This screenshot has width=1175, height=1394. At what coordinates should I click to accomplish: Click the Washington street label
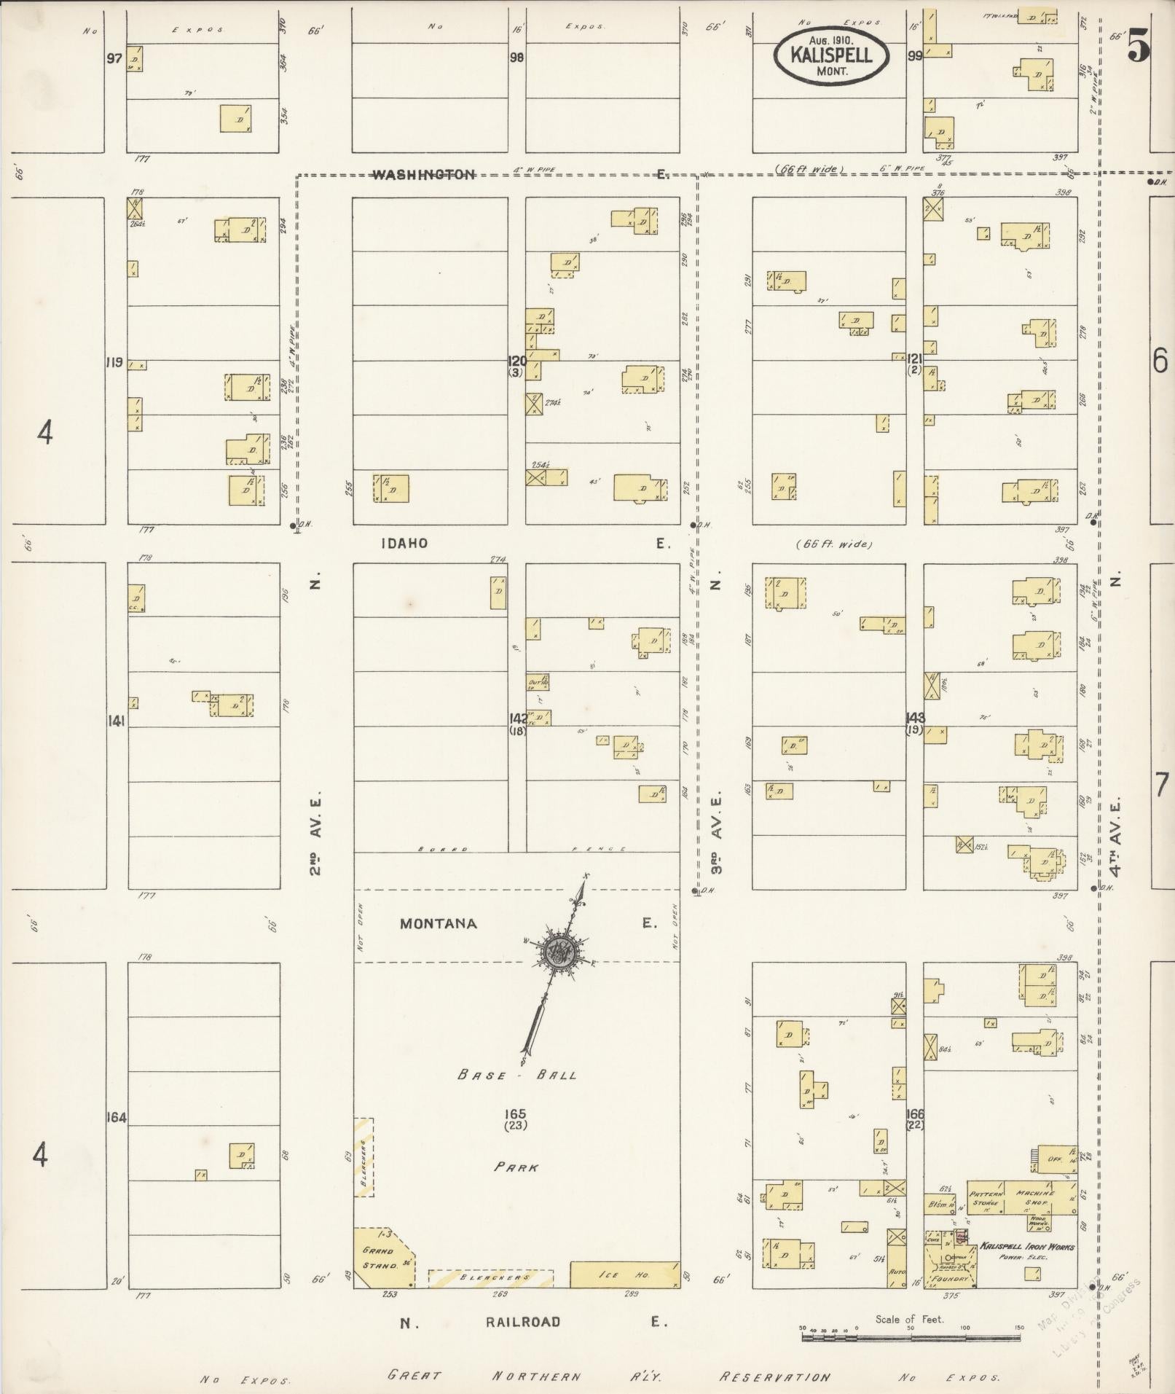coord(424,175)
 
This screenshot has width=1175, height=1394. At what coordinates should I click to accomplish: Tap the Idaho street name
coord(403,544)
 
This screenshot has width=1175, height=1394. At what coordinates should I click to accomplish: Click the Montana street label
coord(439,924)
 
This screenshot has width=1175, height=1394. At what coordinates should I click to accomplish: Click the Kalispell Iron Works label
coord(1027,1247)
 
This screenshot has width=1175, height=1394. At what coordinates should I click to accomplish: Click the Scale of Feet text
coord(909,1319)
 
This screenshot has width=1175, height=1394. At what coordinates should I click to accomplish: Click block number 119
coord(114,361)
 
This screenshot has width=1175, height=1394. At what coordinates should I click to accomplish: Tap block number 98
coord(516,58)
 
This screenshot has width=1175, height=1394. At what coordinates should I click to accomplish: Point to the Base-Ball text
coord(517,1075)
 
